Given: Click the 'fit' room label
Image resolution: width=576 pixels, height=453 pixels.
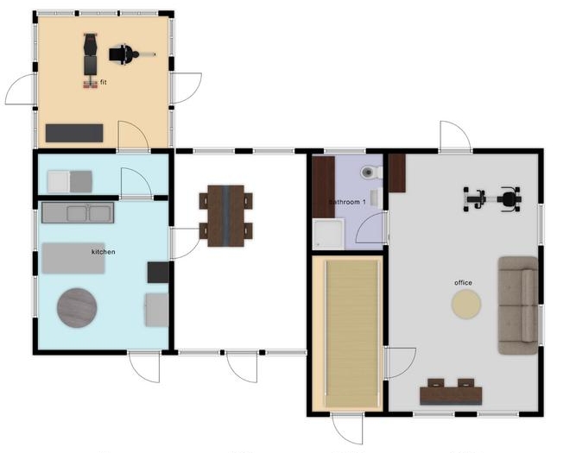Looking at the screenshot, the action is tap(104, 82).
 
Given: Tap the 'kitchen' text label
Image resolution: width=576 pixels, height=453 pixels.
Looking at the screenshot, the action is tap(104, 252).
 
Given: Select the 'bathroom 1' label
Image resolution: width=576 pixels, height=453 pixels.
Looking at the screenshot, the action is tap(347, 202).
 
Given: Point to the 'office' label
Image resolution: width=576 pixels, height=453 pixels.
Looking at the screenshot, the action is tap(463, 283).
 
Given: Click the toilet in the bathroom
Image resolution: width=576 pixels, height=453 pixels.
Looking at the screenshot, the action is tap(371, 172).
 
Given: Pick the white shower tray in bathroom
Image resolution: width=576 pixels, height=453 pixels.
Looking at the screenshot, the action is tap(328, 234).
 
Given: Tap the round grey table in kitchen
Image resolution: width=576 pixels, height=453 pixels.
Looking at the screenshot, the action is tap(77, 308).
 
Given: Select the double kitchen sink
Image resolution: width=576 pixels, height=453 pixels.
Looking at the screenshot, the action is tap(78, 212).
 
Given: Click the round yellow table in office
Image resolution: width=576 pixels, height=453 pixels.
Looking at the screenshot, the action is tap(466, 304).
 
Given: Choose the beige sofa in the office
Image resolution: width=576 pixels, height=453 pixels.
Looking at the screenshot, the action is tap(517, 305).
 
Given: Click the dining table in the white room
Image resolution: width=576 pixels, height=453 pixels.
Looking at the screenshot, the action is tap(225, 216).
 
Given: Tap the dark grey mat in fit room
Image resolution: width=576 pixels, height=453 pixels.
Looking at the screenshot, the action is tap(74, 133).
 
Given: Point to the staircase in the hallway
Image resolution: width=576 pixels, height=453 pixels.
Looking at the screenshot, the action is tap(352, 333).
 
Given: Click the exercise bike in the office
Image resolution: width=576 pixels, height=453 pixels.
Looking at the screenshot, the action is tap(492, 199).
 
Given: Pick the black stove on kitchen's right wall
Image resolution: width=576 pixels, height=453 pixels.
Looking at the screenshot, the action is tap(158, 272).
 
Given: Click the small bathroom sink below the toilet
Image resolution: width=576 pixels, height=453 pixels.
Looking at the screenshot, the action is tap(375, 198).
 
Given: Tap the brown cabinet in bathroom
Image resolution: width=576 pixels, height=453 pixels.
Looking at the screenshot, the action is tap(324, 187).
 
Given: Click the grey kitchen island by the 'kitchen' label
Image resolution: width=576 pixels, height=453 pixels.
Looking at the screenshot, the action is tap(73, 258).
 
